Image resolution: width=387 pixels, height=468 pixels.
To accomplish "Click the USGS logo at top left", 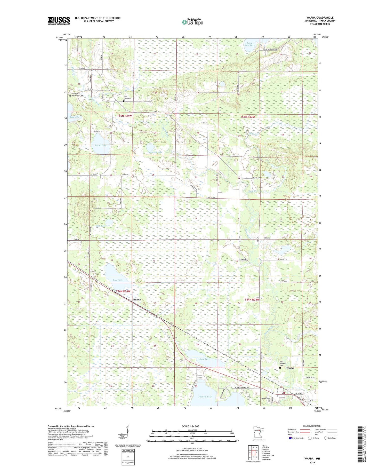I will coord(59,21).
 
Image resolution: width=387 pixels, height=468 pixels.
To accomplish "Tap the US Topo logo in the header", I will coord(192,22).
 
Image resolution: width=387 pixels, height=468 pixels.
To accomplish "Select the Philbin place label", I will coord(137,299).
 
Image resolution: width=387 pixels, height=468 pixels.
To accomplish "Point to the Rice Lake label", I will coord(118,280).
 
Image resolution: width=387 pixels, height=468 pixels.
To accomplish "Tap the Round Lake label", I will coord(100,145).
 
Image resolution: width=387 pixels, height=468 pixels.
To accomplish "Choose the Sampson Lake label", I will coord(155,152).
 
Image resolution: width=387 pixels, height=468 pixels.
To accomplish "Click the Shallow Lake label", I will coord(205,397).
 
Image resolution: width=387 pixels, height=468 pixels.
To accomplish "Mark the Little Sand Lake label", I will coord(249,44).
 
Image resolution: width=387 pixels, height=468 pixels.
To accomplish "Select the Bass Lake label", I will coord(75,117).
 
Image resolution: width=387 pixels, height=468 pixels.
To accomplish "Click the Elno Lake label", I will coord(101,226).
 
